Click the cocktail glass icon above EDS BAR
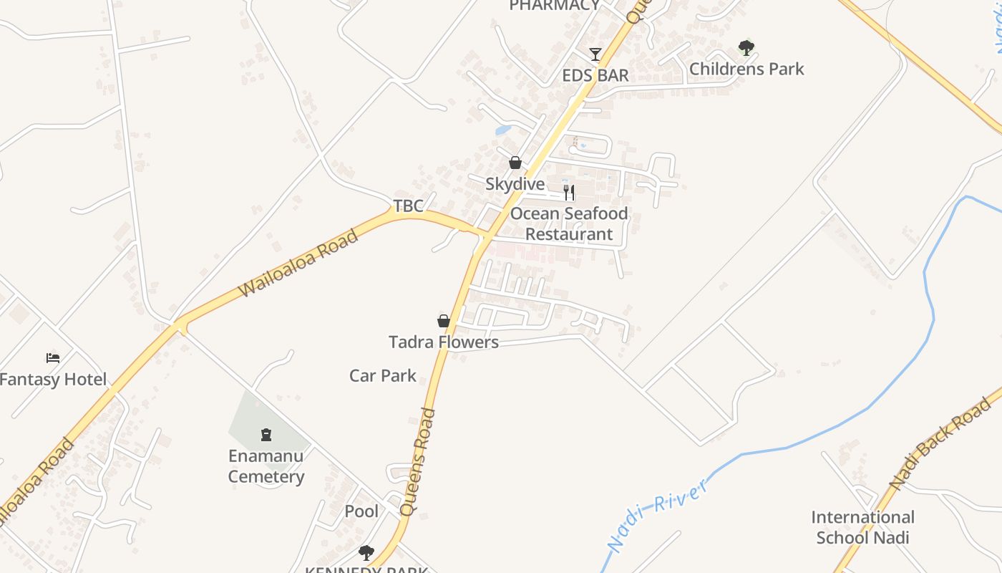(595, 54)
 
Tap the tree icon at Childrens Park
(746, 48)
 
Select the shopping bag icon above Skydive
(515, 163)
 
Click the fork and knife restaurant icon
(569, 192)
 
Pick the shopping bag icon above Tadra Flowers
(444, 320)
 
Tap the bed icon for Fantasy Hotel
(53, 357)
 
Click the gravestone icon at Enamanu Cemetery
(266, 434)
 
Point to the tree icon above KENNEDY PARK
(366, 552)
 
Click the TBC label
(409, 206)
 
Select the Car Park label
(383, 375)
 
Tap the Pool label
(361, 511)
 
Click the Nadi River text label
(659, 514)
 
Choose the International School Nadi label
(862, 527)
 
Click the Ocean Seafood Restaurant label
(569, 223)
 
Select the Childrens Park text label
(746, 69)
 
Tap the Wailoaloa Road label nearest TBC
(298, 264)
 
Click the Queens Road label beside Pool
(418, 462)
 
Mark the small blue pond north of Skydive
(503, 130)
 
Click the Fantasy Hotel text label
(53, 380)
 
